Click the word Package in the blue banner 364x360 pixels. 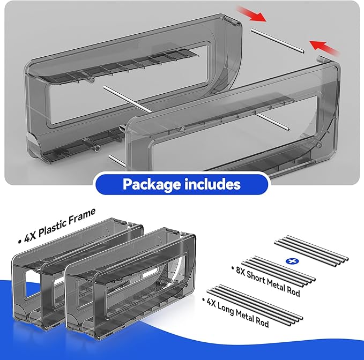click(152, 185)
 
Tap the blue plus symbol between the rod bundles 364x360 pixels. click(292, 261)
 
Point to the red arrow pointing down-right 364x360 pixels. click(251, 14)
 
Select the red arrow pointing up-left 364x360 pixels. click(324, 48)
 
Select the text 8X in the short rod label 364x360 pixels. click(241, 271)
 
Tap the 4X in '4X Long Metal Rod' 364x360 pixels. click(211, 302)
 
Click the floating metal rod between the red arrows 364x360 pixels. click(278, 41)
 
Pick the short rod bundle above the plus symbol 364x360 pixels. click(311, 251)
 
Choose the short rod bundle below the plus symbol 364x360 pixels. click(279, 271)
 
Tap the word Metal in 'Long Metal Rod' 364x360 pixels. click(245, 315)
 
